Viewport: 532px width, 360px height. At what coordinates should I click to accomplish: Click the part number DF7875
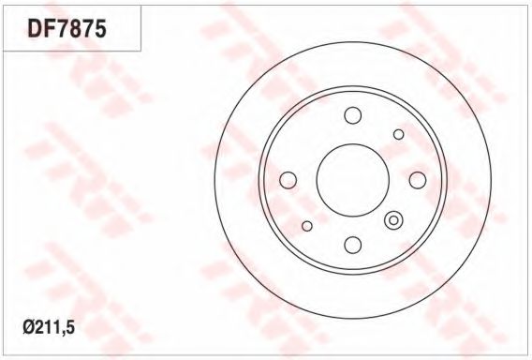pyautogui.click(x=67, y=28)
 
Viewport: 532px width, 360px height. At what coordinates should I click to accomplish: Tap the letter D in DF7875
pyautogui.click(x=35, y=28)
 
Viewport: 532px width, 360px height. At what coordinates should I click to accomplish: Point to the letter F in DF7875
pyautogui.click(x=49, y=28)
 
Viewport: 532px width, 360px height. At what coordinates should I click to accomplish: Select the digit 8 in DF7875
pyautogui.click(x=74, y=28)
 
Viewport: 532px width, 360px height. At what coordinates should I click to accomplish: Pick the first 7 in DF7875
pyautogui.click(x=61, y=28)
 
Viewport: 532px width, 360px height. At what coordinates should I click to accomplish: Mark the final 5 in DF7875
pyautogui.click(x=100, y=28)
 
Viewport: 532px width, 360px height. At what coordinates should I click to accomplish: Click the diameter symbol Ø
pyautogui.click(x=29, y=328)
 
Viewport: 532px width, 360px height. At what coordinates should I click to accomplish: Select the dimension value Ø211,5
pyautogui.click(x=49, y=328)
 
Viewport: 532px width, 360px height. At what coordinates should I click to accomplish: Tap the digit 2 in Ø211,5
pyautogui.click(x=40, y=328)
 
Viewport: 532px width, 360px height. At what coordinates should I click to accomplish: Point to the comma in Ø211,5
pyautogui.click(x=63, y=333)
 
